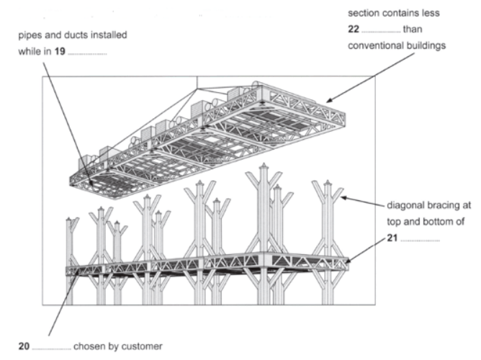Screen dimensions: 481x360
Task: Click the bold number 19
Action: pyautogui.click(x=60, y=51)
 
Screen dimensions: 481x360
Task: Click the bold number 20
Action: pyautogui.click(x=24, y=346)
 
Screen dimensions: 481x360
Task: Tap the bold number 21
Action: pyautogui.click(x=392, y=238)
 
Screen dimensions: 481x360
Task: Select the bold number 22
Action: pyautogui.click(x=354, y=29)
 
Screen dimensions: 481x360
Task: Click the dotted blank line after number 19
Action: pyautogui.click(x=87, y=54)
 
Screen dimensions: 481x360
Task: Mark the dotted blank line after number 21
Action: pyautogui.click(x=420, y=240)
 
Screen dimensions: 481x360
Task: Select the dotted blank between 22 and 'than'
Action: pyautogui.click(x=381, y=32)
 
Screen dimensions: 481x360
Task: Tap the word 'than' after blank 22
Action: pyautogui.click(x=413, y=29)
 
